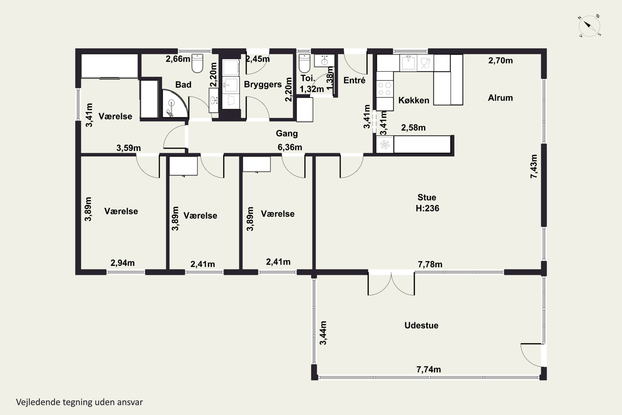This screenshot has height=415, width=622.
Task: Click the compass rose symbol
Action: (589, 26)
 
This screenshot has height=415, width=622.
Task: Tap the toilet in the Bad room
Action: (197, 63)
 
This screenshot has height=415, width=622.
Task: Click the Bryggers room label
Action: (263, 84)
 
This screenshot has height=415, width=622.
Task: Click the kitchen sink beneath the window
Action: (408, 63)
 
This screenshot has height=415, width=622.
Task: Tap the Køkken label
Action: (414, 100)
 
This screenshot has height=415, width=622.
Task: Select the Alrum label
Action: (500, 98)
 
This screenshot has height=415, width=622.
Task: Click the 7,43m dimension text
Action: (534, 166)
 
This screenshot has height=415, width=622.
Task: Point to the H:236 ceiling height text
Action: (427, 208)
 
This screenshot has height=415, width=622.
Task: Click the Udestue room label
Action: (421, 325)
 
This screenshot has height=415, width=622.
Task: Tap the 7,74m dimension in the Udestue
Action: (429, 370)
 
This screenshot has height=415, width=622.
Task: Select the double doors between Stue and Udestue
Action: (391, 283)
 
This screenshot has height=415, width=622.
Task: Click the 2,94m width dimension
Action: (123, 263)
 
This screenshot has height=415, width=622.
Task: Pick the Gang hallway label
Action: (287, 133)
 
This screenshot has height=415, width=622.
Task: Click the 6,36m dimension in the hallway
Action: (290, 147)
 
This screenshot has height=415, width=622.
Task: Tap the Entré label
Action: (354, 80)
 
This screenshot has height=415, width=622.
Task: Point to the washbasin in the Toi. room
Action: (324, 61)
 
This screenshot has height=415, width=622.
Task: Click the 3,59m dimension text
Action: (129, 148)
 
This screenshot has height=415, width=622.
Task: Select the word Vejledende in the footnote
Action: (38, 402)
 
